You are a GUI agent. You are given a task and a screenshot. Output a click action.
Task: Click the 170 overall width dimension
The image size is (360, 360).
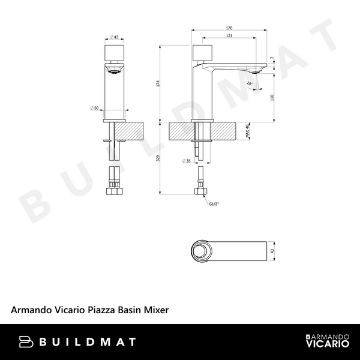[x=230, y=28]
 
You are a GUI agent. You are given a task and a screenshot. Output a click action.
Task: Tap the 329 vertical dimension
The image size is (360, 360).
[x=158, y=157]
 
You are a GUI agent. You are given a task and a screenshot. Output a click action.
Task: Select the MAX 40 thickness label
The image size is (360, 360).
[x=248, y=131]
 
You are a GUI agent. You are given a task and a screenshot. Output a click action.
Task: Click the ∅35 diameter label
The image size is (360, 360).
[x=186, y=161]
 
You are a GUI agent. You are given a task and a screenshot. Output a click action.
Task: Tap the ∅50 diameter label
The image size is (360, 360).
[x=94, y=108]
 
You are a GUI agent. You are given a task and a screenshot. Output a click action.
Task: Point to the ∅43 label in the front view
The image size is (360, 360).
[x=114, y=37]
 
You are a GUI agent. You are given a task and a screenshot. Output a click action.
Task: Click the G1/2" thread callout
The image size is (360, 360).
[x=213, y=205]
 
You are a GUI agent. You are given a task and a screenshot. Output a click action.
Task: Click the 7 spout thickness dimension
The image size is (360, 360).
[x=272, y=58]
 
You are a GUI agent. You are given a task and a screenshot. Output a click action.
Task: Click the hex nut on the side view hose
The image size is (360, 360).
[x=201, y=193]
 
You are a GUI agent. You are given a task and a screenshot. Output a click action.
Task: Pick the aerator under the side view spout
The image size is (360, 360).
[x=256, y=72]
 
